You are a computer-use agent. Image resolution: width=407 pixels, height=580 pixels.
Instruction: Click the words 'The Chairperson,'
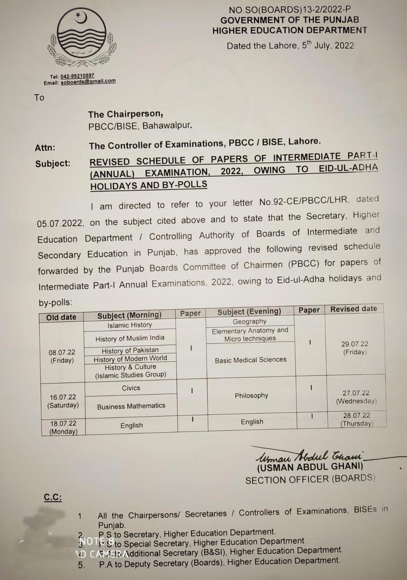126,114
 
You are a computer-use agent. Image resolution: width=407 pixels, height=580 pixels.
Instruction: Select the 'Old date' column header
61,317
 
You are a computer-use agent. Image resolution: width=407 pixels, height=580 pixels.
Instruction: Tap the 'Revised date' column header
354,309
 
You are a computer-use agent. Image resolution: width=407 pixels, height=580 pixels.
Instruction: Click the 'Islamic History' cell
130,325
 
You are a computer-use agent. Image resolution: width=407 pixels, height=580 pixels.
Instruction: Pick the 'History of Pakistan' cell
130,350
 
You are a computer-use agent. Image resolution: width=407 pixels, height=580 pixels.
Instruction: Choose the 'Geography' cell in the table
250,321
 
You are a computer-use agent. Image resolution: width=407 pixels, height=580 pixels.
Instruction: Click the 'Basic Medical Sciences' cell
251,360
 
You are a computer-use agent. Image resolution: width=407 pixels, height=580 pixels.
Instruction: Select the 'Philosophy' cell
252,396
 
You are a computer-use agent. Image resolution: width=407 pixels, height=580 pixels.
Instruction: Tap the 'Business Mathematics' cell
131,406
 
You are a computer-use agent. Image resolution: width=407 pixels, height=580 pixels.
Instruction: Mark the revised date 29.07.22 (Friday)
354,348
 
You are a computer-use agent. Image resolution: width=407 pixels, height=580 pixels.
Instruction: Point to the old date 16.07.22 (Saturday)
63,401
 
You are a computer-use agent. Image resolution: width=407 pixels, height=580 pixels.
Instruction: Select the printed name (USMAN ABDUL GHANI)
310,467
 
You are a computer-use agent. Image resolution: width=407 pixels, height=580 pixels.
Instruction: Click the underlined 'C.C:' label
53,498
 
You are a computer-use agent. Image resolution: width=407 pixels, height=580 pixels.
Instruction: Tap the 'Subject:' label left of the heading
53,164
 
